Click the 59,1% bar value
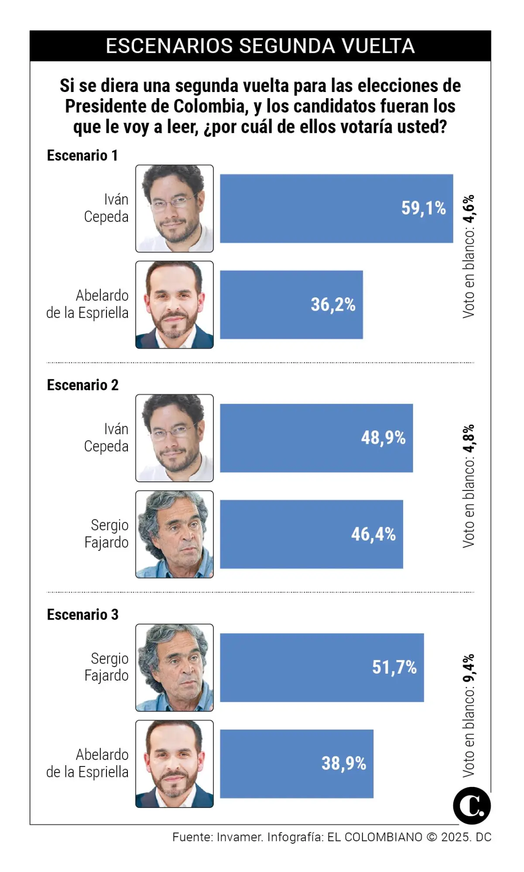click(x=423, y=208)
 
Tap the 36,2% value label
click(x=333, y=304)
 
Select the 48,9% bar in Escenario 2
click(x=316, y=438)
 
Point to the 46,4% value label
click(x=373, y=534)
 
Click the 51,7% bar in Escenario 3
click(x=322, y=667)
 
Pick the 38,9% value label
click(x=344, y=763)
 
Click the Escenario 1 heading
click(x=82, y=156)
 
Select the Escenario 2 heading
click(x=82, y=385)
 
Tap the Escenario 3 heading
click(x=82, y=614)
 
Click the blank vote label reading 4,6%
click(x=469, y=256)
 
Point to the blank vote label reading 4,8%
click(x=469, y=486)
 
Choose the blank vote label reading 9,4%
click(x=469, y=715)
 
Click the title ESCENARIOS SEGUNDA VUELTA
click(x=260, y=46)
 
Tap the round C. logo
click(x=472, y=806)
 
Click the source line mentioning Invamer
click(x=332, y=837)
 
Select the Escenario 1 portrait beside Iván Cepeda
click(x=175, y=208)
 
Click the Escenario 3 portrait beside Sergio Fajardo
click(x=175, y=668)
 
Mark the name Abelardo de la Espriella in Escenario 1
click(x=88, y=304)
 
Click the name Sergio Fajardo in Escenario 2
click(x=106, y=534)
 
